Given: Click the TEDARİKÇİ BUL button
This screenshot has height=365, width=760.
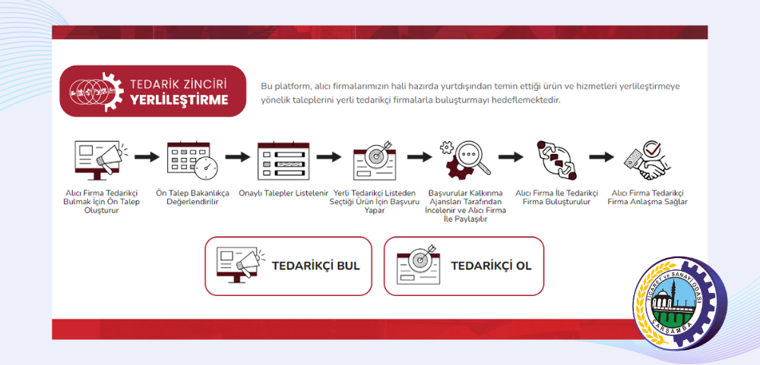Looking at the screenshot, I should point(288,266).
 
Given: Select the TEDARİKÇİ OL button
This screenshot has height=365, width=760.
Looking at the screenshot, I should point(464,266).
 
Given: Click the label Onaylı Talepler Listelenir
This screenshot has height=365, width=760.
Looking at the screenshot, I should point(283,193).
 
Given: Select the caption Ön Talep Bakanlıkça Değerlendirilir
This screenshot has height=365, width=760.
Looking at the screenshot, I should point(192,197).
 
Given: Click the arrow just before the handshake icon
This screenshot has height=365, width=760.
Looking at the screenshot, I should point(601,157).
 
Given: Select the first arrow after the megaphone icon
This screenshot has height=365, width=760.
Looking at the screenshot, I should point(144,157).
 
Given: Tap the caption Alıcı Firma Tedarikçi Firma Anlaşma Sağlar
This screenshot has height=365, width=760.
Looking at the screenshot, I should point(648,197).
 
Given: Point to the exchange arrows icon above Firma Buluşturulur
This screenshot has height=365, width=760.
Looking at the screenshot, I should point(556,158).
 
